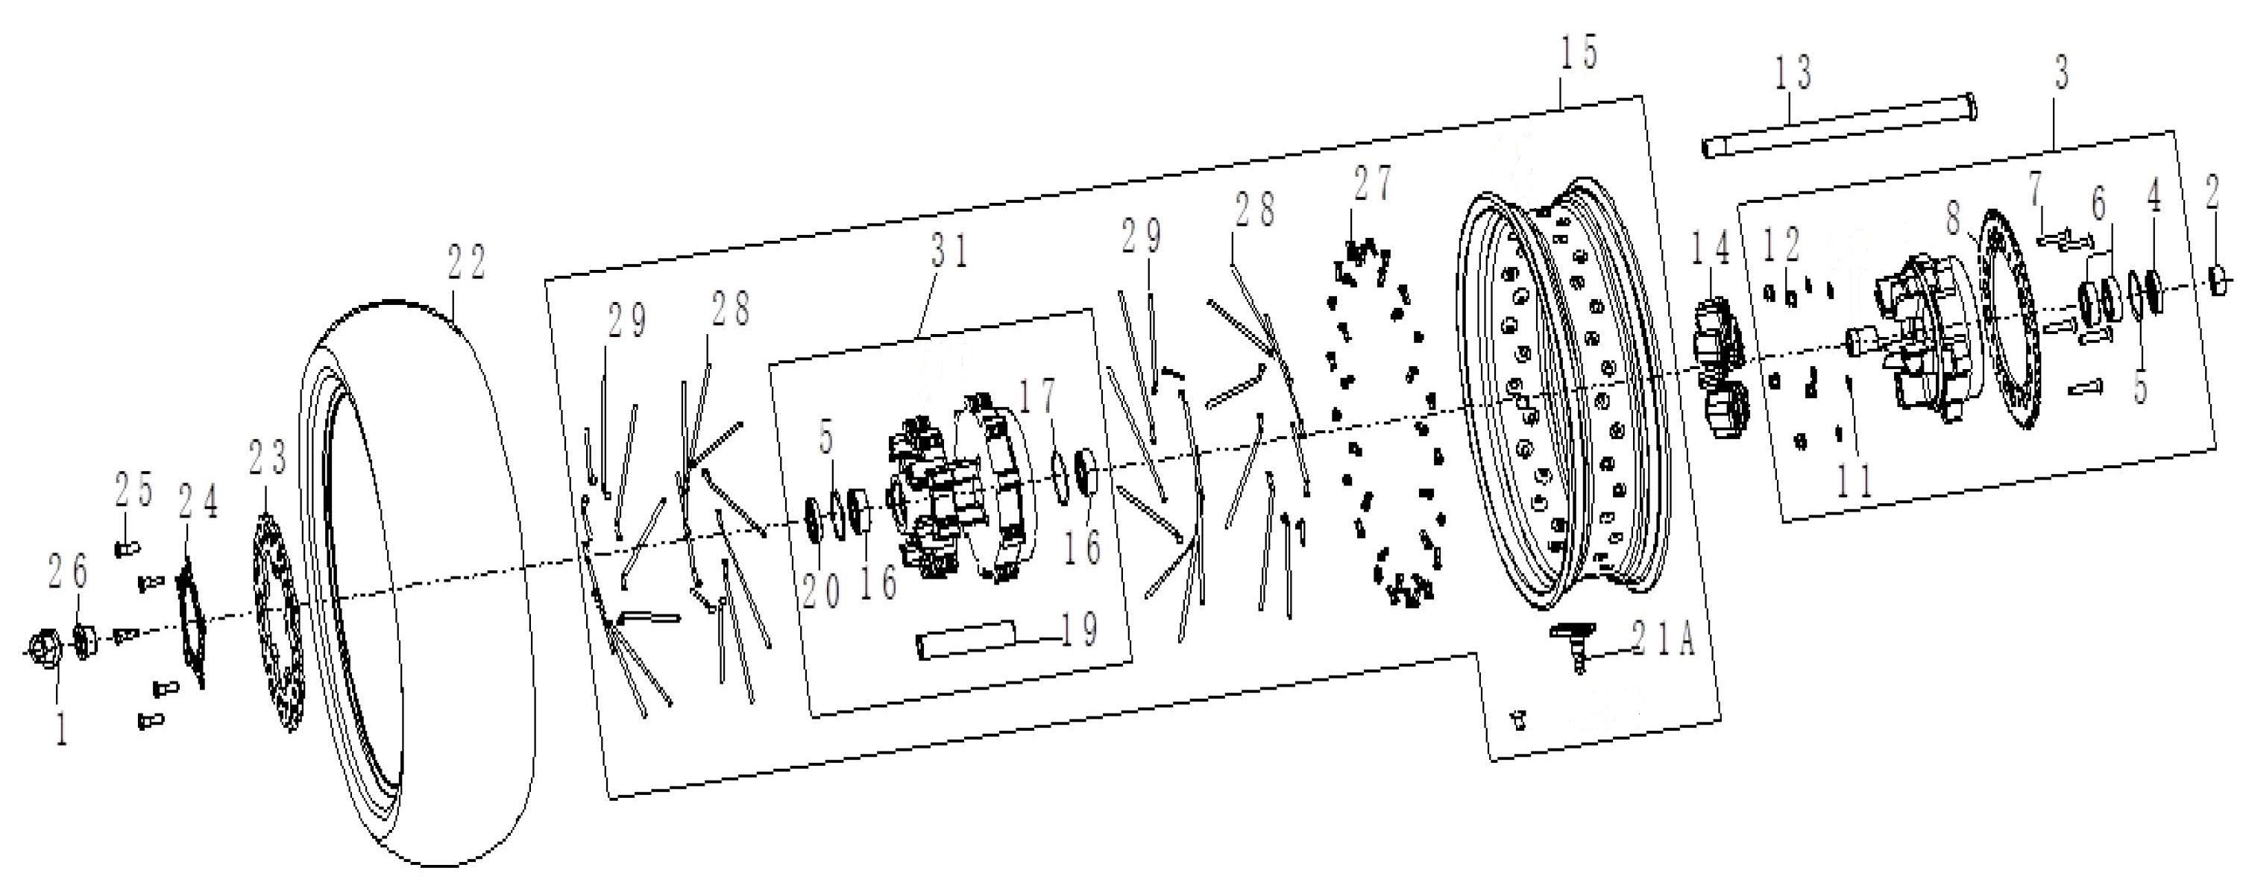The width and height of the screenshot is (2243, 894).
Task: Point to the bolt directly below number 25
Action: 125,549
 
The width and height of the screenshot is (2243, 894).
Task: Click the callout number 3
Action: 2061,75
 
